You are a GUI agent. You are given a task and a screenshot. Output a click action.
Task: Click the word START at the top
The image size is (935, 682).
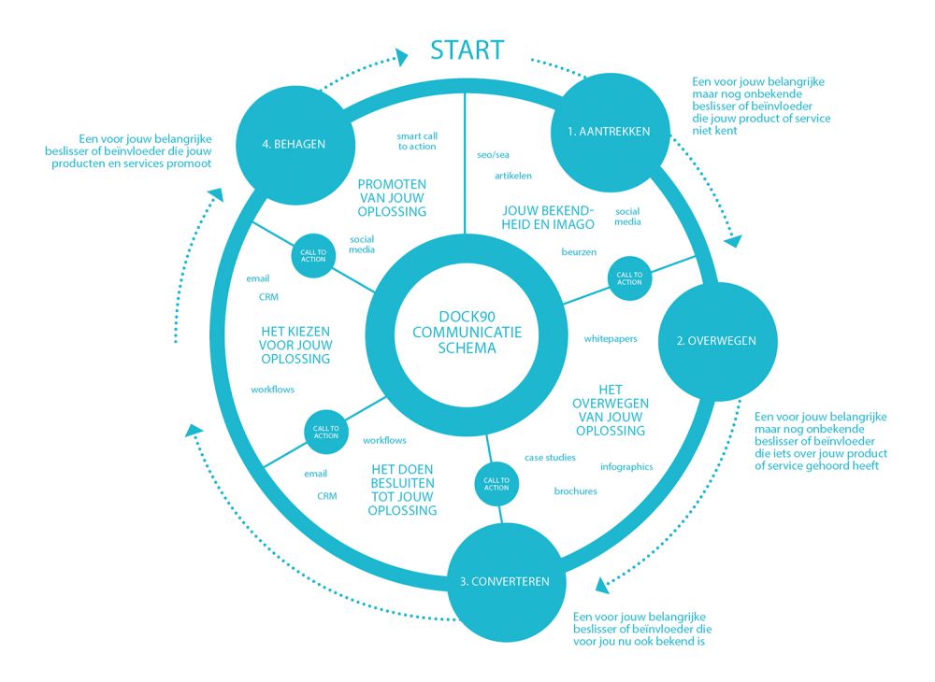click(x=467, y=49)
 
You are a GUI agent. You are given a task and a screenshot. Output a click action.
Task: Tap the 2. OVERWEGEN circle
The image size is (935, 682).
click(x=715, y=341)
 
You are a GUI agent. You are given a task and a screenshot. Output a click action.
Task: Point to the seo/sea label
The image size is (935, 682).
click(x=493, y=154)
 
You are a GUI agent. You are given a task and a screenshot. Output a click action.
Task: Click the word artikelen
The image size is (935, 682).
click(x=513, y=175)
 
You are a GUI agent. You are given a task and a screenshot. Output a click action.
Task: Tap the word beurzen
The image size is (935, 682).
click(x=579, y=252)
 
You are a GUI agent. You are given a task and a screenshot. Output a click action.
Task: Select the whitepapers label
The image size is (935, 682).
click(x=611, y=338)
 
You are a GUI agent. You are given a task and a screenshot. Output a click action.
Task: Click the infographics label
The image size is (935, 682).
click(x=626, y=467)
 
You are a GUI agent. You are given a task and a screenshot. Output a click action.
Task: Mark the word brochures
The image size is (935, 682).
click(x=575, y=491)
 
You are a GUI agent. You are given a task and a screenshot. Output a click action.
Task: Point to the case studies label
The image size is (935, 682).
click(x=550, y=458)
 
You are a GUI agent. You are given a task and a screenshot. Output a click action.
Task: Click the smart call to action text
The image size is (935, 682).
click(x=417, y=141)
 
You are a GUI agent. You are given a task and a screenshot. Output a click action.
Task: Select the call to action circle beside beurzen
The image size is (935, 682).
click(x=629, y=277)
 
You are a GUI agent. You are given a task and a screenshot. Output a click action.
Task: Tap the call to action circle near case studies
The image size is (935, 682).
click(x=496, y=483)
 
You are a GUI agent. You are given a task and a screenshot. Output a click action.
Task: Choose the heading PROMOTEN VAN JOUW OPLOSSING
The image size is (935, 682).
click(x=392, y=197)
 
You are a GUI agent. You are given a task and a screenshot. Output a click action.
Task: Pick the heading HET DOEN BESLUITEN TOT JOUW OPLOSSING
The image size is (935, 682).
click(x=402, y=490)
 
